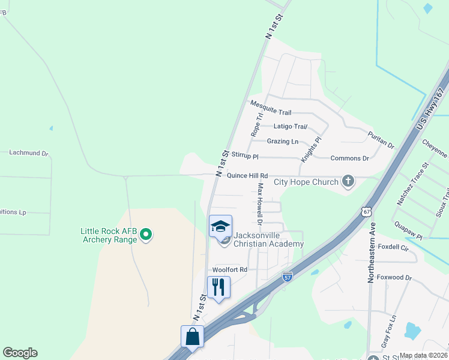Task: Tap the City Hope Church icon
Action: coord(348,181)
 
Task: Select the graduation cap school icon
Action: coord(220,226)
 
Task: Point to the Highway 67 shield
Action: coord(367,211)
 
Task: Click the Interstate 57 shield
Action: coord(288,277)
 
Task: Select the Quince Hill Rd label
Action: coord(247,175)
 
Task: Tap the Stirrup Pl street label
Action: coord(244,156)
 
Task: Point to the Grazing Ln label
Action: coord(282,142)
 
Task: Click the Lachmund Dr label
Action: coord(28,153)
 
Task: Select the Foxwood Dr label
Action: coord(400,278)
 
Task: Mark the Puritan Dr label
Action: coord(381,141)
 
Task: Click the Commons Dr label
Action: coord(349,158)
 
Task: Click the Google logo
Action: coord(20,353)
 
